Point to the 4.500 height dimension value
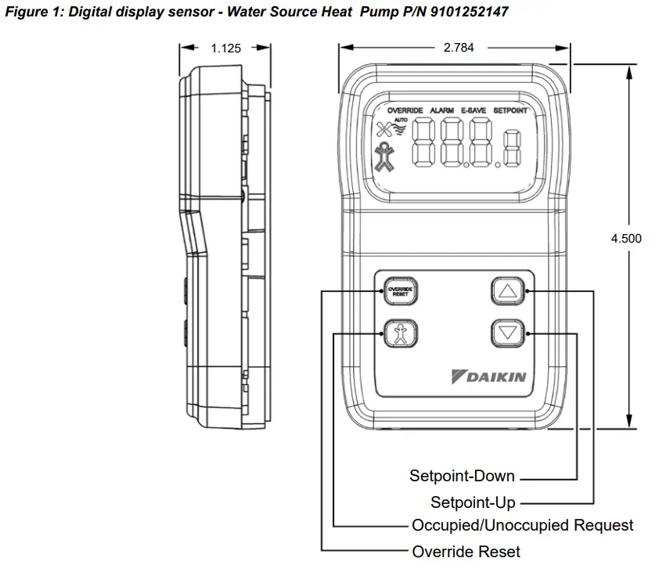click(625, 239)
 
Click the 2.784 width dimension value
click(458, 48)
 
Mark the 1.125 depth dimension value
click(226, 48)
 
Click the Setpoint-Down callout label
click(462, 476)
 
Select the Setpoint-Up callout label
click(473, 502)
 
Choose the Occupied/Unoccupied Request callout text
click(522, 525)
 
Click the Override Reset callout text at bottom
click(466, 552)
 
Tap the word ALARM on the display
click(441, 111)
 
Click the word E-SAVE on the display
click(474, 111)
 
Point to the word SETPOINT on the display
click(510, 111)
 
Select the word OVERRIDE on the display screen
click(405, 111)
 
